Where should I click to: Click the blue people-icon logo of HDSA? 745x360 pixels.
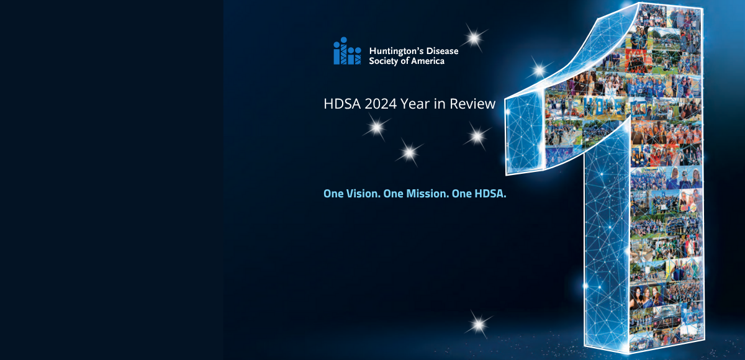[347, 51]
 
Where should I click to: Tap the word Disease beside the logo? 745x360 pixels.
[442, 51]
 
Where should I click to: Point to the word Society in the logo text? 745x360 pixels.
[384, 61]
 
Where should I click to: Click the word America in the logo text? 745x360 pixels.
[428, 61]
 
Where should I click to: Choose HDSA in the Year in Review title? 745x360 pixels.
[342, 104]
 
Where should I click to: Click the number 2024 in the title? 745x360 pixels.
[381, 104]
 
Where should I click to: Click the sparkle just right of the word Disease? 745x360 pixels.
[474, 38]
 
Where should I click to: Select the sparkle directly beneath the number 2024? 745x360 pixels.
[377, 127]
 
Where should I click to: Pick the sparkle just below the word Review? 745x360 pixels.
[477, 136]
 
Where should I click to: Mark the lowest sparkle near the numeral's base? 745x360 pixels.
[479, 324]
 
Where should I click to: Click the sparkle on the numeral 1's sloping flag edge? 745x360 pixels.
[539, 70]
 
